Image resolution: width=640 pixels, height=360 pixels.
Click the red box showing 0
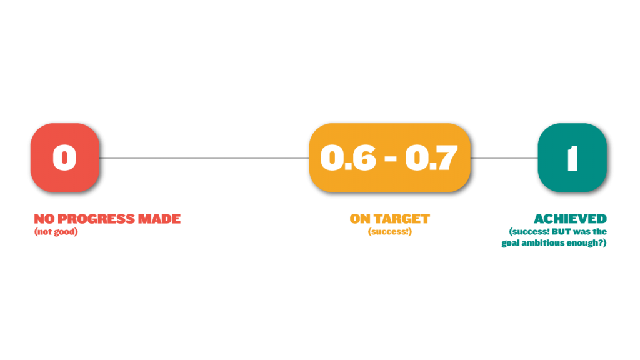click(65, 157)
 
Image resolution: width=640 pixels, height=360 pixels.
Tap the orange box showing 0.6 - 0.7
click(390, 157)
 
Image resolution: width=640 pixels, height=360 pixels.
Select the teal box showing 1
click(572, 157)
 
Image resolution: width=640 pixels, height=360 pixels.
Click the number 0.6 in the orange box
click(348, 157)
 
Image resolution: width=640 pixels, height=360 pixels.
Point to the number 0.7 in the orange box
click(431, 157)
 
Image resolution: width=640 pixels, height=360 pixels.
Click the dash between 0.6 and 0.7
click(391, 158)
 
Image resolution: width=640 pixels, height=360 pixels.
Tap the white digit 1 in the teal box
click(572, 158)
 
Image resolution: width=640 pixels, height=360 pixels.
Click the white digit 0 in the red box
click(64, 157)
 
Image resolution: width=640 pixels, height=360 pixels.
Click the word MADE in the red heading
click(159, 219)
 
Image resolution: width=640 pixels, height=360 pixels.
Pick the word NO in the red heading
click(44, 219)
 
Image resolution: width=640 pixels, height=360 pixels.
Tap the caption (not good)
click(56, 232)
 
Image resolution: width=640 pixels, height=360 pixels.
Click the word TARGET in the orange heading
click(402, 219)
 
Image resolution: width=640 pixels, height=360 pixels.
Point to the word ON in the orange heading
click(361, 219)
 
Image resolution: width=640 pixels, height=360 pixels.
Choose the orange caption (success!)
click(390, 232)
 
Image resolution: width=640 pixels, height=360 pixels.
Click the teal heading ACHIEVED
click(570, 219)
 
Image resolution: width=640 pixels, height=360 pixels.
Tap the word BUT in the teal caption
click(561, 231)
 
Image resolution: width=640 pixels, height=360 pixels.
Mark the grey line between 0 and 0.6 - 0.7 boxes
click(204, 157)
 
